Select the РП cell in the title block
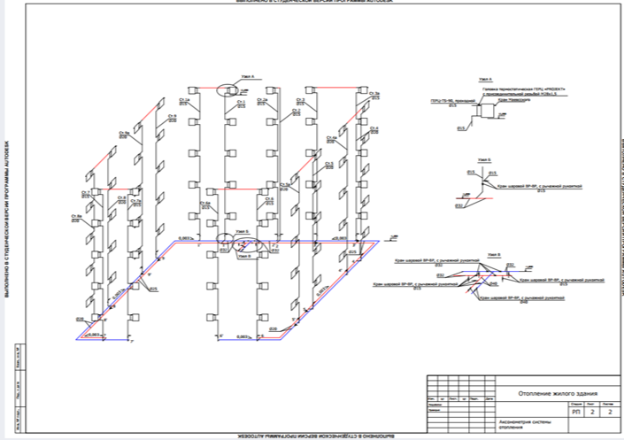577,412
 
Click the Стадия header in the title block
576,404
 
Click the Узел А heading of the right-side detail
484,80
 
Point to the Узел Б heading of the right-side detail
482,160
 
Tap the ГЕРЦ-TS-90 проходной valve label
443,100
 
